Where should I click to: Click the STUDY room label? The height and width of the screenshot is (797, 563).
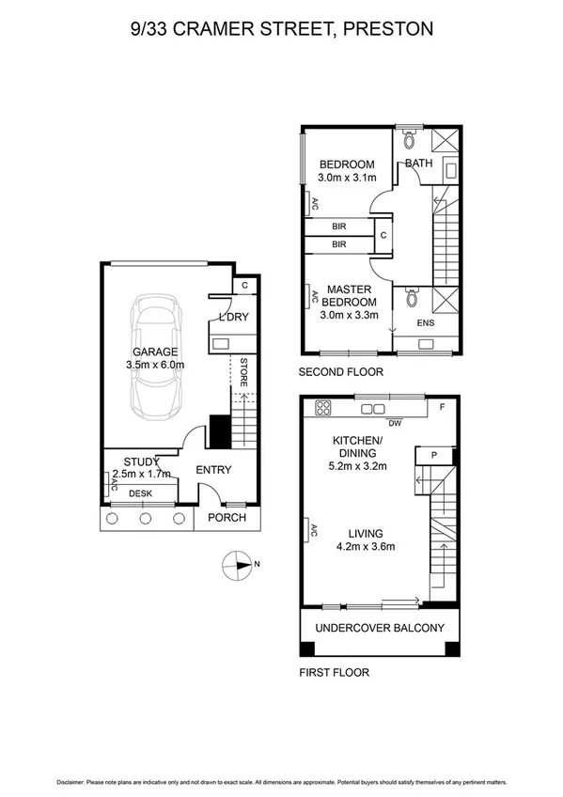[133, 461]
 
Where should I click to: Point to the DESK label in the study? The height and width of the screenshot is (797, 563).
[140, 492]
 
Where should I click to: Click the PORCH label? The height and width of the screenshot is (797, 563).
[227, 518]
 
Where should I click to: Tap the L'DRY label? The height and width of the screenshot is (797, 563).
[233, 317]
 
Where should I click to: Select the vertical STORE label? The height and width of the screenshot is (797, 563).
[243, 372]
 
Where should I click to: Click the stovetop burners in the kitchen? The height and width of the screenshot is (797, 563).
[325, 408]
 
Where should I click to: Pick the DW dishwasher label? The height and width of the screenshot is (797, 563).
[395, 422]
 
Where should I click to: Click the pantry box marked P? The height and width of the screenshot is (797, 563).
[433, 455]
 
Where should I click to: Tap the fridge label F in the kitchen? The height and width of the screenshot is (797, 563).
[441, 409]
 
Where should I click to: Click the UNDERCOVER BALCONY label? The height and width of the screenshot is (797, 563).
[380, 629]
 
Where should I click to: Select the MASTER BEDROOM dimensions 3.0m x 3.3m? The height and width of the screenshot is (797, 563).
[349, 316]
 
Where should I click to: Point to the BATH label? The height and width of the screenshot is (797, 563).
[418, 164]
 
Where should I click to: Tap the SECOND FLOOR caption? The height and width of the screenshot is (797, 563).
[341, 372]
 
